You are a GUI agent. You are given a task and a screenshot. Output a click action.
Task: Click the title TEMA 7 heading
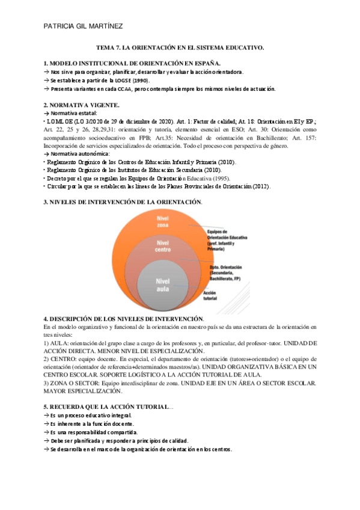(180, 46)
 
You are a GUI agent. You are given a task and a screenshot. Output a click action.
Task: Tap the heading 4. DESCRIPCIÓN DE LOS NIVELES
(124, 318)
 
